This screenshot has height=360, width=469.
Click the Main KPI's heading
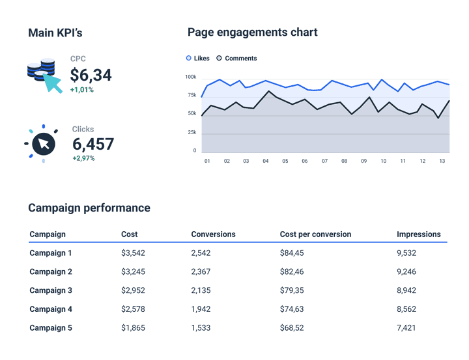pos(55,33)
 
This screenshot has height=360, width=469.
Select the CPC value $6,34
pos(91,76)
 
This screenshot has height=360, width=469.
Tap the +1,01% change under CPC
pos(81,90)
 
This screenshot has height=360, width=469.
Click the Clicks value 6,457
pos(93,144)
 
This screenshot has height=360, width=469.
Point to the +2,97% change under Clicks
pos(83,158)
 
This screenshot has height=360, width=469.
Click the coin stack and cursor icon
pos(44,74)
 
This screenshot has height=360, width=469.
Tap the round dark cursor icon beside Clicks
pos(43,143)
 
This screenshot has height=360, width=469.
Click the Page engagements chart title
pos(252,33)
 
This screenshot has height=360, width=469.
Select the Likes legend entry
pos(198,58)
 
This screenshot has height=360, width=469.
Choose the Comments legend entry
pos(236,58)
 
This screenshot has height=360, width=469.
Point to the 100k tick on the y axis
pos(190,77)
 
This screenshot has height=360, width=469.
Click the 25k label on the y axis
pos(192,132)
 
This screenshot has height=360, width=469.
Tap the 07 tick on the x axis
pos(324,161)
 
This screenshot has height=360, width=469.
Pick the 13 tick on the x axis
pos(442,161)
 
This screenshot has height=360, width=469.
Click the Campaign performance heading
pos(89,208)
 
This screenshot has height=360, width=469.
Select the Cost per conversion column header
pos(315,234)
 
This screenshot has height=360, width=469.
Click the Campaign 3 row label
pos(51,290)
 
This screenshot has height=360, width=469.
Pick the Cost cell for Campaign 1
pos(133,253)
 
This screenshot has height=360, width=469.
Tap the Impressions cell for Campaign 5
pos(406,328)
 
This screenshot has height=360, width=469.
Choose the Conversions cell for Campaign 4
pos(201,309)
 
